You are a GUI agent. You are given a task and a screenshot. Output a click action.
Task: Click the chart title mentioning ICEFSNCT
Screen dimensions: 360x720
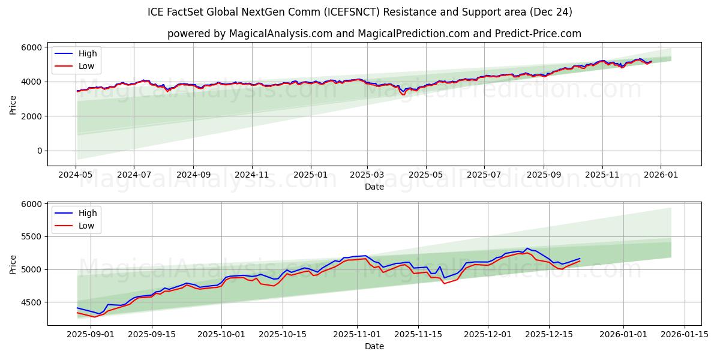(x=359, y=12)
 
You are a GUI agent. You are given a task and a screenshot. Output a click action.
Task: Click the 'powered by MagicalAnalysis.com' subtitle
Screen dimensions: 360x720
(x=374, y=34)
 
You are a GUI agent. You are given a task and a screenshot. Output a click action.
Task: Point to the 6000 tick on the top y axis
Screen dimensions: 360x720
(x=32, y=47)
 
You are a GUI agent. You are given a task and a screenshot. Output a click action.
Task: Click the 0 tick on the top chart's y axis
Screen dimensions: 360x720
(x=40, y=151)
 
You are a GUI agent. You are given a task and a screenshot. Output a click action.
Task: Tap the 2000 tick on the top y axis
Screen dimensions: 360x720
(x=32, y=116)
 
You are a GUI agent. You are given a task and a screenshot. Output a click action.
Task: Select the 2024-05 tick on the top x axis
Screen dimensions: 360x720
(x=76, y=175)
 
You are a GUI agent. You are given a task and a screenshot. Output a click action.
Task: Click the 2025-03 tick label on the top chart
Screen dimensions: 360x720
(x=367, y=175)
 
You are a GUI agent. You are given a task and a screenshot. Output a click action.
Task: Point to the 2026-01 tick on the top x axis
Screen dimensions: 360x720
(x=661, y=175)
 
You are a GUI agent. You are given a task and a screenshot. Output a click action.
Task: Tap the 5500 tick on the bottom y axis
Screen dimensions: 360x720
(x=32, y=237)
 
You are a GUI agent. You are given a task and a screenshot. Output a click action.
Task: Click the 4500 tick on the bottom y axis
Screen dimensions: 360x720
(x=32, y=302)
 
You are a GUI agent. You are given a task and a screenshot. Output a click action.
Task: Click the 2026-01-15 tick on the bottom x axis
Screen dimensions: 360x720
(x=684, y=334)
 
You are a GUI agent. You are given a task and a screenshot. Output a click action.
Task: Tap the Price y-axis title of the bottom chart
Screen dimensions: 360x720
(x=13, y=264)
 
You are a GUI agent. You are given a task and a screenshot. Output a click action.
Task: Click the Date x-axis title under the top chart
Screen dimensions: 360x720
(x=374, y=187)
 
